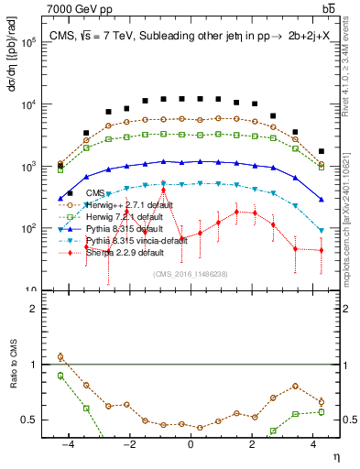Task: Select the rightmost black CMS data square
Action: pos(322,151)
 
